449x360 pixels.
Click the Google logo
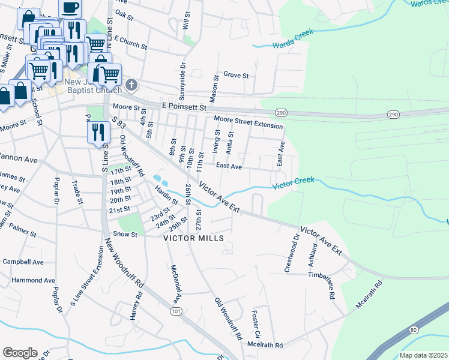click(20, 353)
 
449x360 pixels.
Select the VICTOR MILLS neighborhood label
click(194, 238)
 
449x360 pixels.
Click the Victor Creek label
click(294, 183)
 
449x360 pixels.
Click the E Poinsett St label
click(184, 106)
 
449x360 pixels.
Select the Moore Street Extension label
click(248, 122)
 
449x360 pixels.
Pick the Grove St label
click(236, 75)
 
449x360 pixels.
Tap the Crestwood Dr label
click(295, 256)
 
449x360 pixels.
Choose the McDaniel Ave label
click(175, 284)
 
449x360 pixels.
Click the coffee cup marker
click(70, 8)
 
